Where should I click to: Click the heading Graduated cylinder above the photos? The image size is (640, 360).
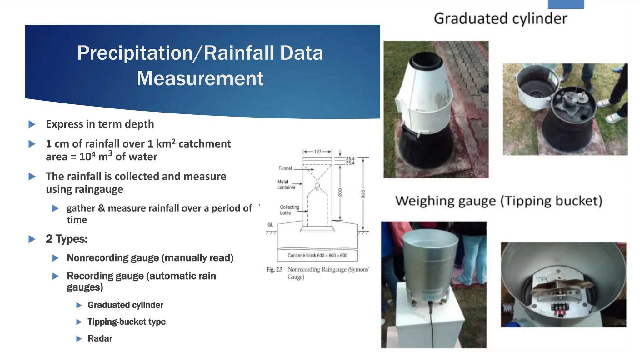click(500, 19)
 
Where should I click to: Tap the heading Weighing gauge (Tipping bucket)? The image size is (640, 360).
click(499, 201)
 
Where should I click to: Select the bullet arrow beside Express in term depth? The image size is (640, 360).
click(32, 124)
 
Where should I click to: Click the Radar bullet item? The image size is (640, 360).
click(100, 338)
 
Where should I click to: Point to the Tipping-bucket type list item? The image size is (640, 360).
click(126, 322)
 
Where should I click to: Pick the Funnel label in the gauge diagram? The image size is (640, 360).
click(285, 168)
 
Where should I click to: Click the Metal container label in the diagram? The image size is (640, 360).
click(286, 184)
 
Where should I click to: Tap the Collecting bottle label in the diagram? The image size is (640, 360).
click(289, 210)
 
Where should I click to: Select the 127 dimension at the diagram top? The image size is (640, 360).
click(317, 152)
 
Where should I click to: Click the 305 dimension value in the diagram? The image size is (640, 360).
click(363, 194)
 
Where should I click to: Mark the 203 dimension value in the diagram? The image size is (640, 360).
click(340, 192)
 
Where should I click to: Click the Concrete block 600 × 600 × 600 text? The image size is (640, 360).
click(317, 256)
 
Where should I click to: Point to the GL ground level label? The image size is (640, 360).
click(270, 225)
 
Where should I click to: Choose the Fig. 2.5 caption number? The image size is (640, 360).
click(274, 270)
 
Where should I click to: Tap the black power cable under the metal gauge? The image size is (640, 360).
click(432, 325)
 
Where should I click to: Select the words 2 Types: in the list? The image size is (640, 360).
click(67, 239)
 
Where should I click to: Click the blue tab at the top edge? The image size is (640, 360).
click(566, 4)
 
